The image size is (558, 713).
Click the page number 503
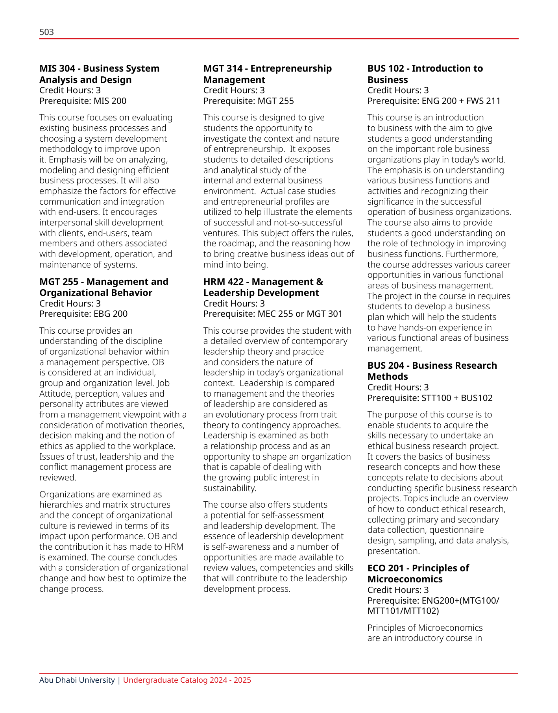[46, 32]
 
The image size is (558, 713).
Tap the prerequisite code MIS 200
[110, 101]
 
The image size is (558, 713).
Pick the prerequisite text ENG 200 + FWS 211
[461, 101]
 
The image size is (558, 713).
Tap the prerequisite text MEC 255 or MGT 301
[300, 314]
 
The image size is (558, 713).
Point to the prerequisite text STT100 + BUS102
[457, 398]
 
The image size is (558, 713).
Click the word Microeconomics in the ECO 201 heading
[405, 579]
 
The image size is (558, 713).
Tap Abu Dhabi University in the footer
[77, 680]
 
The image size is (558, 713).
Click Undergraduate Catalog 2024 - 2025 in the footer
[187, 680]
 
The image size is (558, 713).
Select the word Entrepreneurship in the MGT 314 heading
[291, 68]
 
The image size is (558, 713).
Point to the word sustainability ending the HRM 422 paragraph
[229, 488]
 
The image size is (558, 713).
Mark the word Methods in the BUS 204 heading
[388, 377]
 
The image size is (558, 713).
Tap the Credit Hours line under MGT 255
[70, 303]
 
